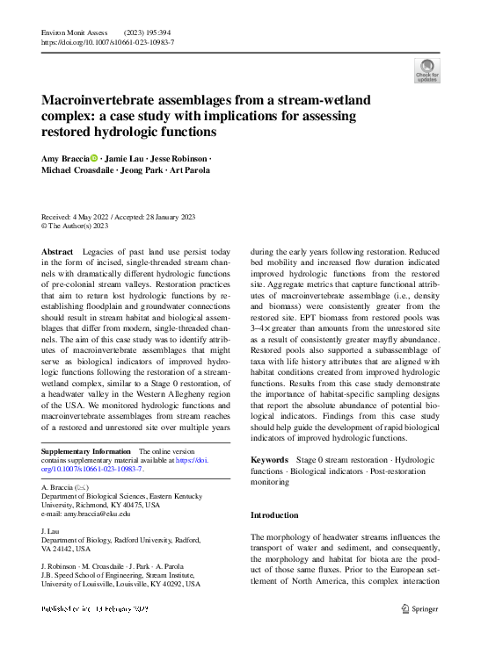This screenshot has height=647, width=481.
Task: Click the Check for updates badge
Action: pos(427,70)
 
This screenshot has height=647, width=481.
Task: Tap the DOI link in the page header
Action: pos(107,41)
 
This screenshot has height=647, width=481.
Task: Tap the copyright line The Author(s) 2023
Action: pos(79,226)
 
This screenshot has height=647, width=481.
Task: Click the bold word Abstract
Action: pos(57,252)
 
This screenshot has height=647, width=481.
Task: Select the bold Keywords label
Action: pos(269,459)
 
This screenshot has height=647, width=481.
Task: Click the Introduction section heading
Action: pos(274,515)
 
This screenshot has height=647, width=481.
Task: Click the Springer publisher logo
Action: pos(420,608)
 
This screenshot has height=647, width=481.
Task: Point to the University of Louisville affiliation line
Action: pos(120,584)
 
